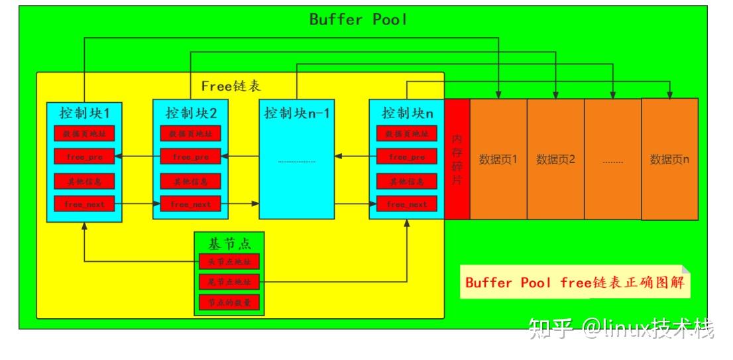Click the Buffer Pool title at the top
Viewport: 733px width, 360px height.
pyautogui.click(x=358, y=19)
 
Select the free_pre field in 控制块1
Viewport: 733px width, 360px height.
pyautogui.click(x=84, y=157)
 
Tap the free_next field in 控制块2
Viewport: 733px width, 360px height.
pyautogui.click(x=191, y=204)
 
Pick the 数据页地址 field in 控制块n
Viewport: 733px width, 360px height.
pyautogui.click(x=407, y=133)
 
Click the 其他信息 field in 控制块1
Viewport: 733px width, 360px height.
pyautogui.click(x=84, y=181)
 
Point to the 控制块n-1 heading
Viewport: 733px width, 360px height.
pyautogui.click(x=296, y=113)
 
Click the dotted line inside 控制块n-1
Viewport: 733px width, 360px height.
pyautogui.click(x=296, y=161)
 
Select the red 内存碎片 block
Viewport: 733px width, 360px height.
pyautogui.click(x=457, y=159)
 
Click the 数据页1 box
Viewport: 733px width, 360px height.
pyautogui.click(x=498, y=159)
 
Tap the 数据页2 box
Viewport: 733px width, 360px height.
pyautogui.click(x=555, y=159)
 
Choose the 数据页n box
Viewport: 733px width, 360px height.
pyautogui.click(x=669, y=159)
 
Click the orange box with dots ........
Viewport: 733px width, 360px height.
pyautogui.click(x=612, y=159)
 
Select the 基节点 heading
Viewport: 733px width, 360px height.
pyautogui.click(x=229, y=243)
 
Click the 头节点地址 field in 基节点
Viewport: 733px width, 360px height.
pyautogui.click(x=229, y=261)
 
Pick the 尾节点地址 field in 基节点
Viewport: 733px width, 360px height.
pyautogui.click(x=229, y=282)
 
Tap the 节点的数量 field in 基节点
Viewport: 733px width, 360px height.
pyautogui.click(x=229, y=303)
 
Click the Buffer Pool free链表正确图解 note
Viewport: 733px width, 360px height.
pyautogui.click(x=574, y=282)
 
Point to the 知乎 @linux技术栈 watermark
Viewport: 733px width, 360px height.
pyautogui.click(x=623, y=328)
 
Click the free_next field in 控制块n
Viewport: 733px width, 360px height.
pyautogui.click(x=407, y=204)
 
